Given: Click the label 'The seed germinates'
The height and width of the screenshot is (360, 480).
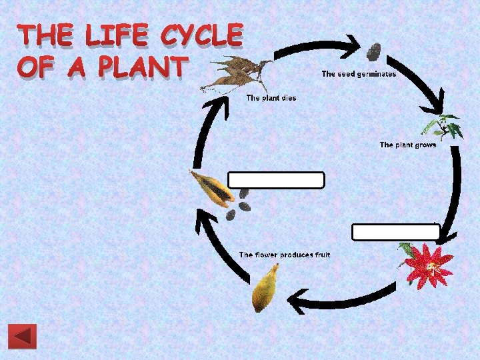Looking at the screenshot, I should (x=359, y=74).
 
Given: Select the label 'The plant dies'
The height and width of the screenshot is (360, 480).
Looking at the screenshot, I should (x=271, y=98).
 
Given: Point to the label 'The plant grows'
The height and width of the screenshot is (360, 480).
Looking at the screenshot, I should (x=408, y=145).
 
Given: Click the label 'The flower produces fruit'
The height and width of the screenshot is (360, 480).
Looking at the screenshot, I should (x=285, y=255).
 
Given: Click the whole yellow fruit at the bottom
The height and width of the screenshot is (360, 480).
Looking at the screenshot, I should (x=265, y=287).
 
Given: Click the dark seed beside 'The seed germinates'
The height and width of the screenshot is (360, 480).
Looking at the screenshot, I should (x=373, y=51).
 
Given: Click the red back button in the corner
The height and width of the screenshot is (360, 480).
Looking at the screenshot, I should (x=22, y=337).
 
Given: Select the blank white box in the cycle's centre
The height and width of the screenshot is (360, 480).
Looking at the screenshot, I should (x=276, y=180).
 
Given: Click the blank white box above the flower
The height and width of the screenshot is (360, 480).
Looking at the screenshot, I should (x=395, y=232).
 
